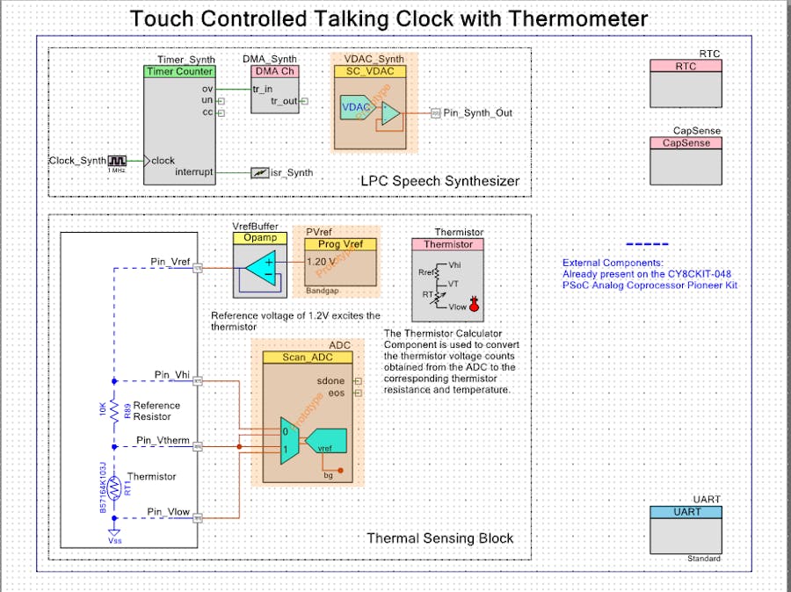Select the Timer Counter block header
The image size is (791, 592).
[x=179, y=72]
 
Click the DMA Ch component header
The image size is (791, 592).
[x=275, y=71]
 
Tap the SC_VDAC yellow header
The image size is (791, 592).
[x=369, y=71]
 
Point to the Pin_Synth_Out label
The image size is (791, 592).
[x=477, y=112]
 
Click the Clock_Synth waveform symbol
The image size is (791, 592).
[x=118, y=161]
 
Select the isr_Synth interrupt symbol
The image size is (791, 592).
[x=259, y=173]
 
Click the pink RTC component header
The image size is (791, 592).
[x=685, y=67]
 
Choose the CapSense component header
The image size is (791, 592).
[x=685, y=143]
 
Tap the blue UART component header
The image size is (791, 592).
[x=685, y=512]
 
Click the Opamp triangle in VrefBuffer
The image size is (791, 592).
[x=261, y=266]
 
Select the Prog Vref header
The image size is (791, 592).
[x=340, y=244]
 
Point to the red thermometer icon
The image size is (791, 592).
[x=475, y=305]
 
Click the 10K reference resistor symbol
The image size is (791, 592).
[x=115, y=410]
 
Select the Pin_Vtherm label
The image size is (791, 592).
[x=163, y=440]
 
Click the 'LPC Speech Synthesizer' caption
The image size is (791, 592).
[x=439, y=182]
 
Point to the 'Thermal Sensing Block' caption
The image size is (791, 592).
[x=439, y=538]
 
